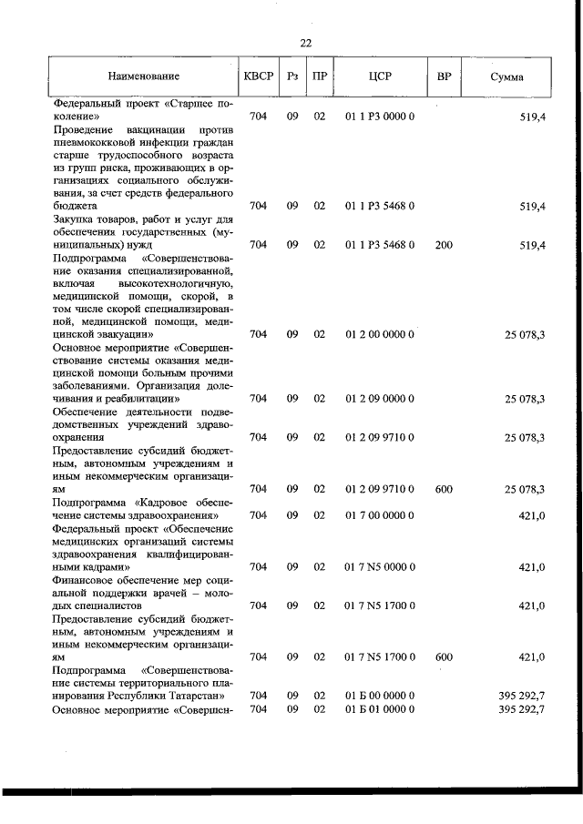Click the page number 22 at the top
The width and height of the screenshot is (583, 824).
305,43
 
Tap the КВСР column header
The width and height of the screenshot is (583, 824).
258,76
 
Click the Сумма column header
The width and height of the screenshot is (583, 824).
506,76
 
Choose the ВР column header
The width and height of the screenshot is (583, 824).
444,76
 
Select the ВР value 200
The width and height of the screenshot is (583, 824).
444,245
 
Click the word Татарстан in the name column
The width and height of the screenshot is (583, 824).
195,696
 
